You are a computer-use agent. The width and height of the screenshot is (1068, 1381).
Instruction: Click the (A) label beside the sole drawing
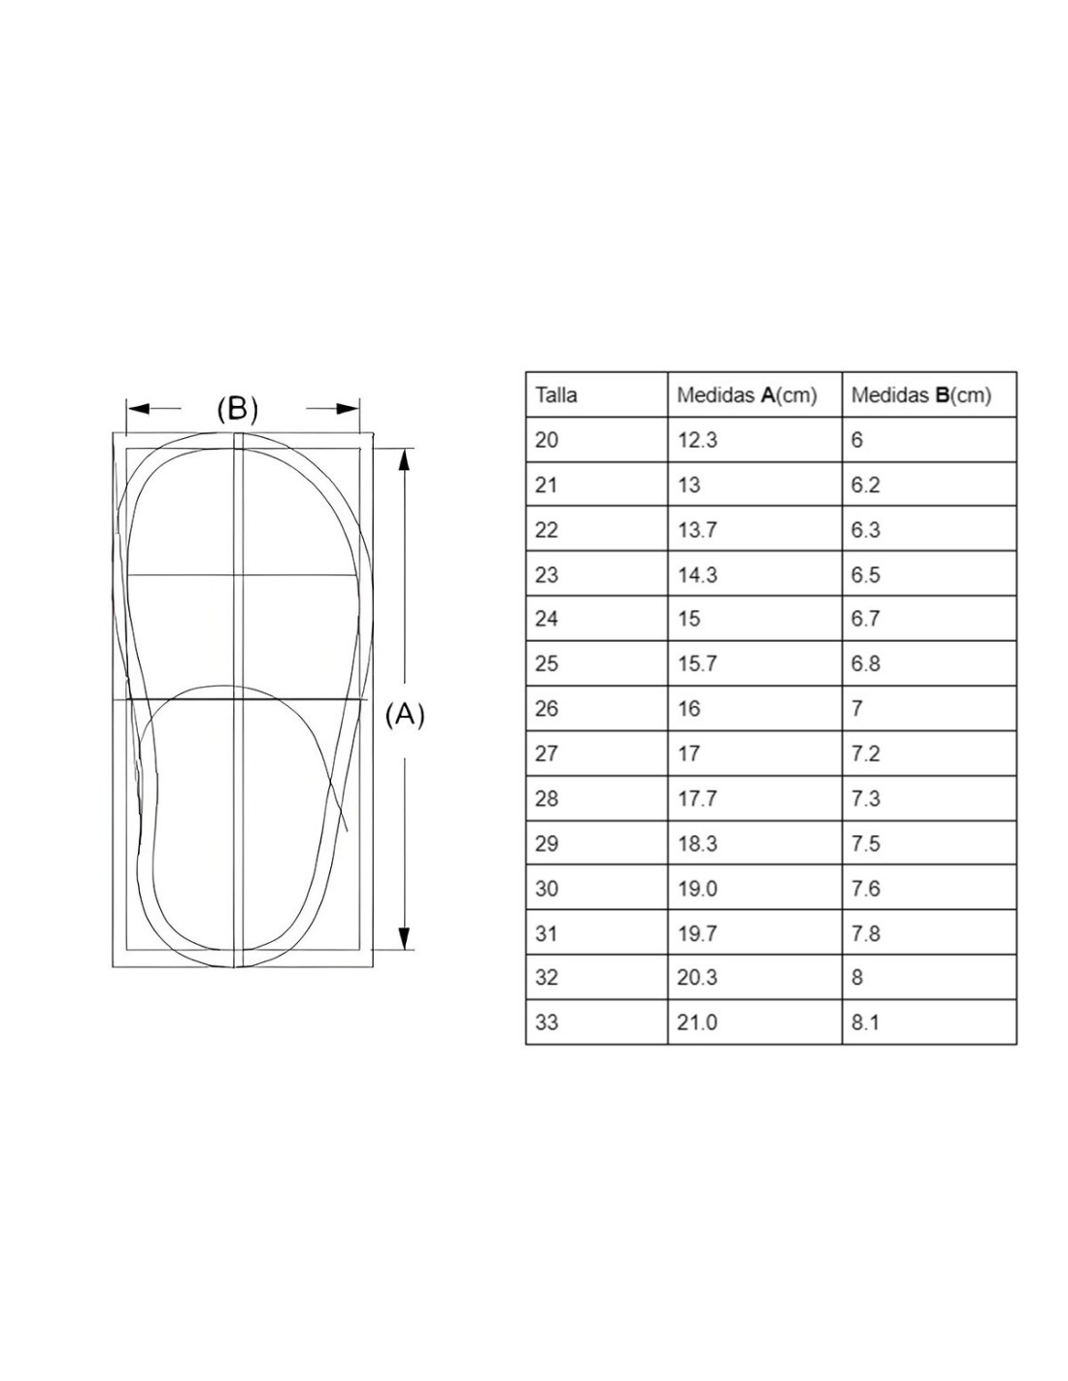pyautogui.click(x=405, y=715)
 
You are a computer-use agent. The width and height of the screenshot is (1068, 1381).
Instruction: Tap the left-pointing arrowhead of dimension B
pyautogui.click(x=138, y=408)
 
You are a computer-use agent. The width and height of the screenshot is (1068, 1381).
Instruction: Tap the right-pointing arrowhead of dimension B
pyautogui.click(x=348, y=408)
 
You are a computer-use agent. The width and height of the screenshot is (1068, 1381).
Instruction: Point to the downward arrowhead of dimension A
pyautogui.click(x=403, y=938)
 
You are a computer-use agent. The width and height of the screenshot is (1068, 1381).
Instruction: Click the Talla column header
pyautogui.click(x=556, y=394)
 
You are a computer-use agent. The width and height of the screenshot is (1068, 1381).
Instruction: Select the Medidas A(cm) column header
pyautogui.click(x=747, y=395)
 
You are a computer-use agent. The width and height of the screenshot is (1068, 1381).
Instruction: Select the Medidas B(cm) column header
pyautogui.click(x=920, y=395)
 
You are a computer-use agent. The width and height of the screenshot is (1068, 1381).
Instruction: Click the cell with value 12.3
pyautogui.click(x=697, y=440)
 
